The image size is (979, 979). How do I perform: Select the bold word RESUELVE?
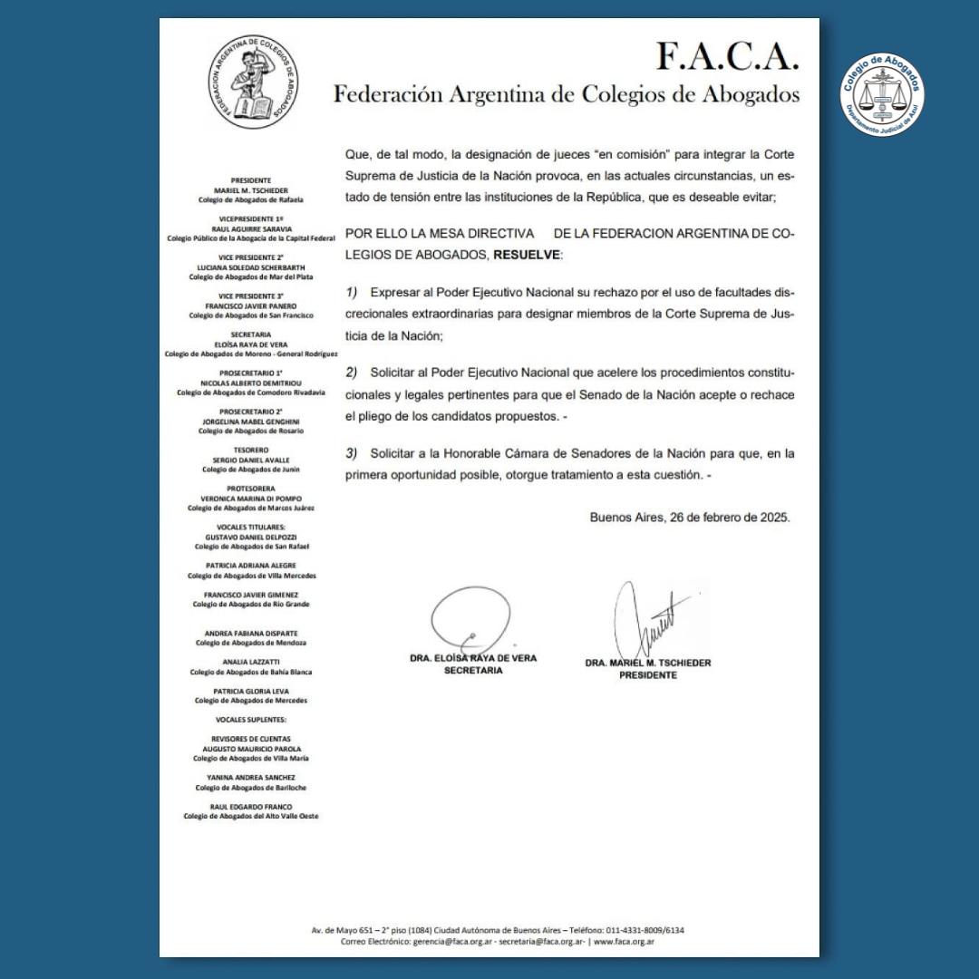tap(526, 255)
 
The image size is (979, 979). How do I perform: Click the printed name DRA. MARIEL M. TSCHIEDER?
tap(648, 663)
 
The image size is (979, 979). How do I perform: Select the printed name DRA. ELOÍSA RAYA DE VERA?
tap(473, 658)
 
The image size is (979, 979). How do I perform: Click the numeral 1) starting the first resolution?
tap(352, 293)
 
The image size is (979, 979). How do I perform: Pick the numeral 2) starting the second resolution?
tap(352, 373)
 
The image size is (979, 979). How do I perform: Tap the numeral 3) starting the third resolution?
tap(352, 452)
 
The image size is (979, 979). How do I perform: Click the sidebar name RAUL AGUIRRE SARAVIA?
tap(251, 229)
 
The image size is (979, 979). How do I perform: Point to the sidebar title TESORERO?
tap(251, 450)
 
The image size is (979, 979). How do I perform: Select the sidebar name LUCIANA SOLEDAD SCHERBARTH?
tap(251, 267)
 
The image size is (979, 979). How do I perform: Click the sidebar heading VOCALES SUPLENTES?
tap(251, 719)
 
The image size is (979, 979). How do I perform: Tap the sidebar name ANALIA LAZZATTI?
tap(251, 662)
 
